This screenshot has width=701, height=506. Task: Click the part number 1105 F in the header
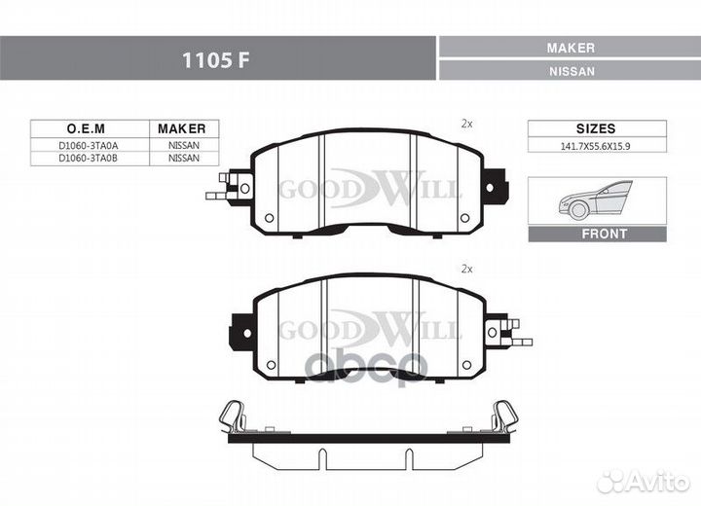[x=215, y=60]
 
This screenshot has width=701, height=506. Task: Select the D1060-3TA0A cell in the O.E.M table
[x=88, y=146]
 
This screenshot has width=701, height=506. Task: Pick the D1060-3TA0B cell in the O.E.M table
[x=88, y=159]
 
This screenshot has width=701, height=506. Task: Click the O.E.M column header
[x=86, y=128]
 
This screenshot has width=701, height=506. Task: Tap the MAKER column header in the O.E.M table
[x=181, y=128]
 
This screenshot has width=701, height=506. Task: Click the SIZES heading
[x=596, y=128]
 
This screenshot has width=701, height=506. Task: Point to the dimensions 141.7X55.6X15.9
[x=596, y=146]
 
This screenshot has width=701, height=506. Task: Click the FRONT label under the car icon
[x=604, y=234]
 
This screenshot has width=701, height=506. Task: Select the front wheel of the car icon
[x=579, y=210]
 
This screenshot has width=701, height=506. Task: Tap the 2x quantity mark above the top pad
[x=466, y=125]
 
